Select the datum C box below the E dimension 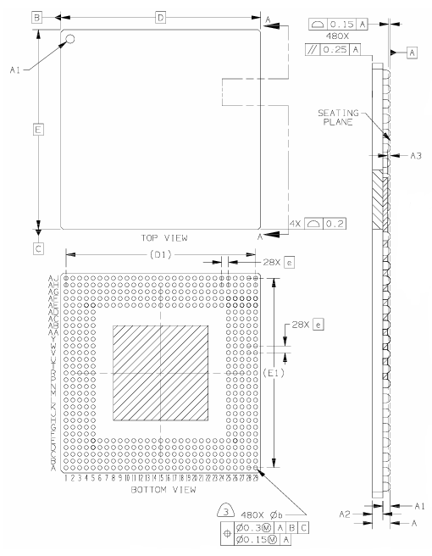pyautogui.click(x=38, y=248)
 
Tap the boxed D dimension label pyautogui.click(x=160, y=17)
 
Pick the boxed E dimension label pyautogui.click(x=38, y=130)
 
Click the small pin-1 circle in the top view pyautogui.click(x=71, y=38)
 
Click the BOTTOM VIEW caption pyautogui.click(x=165, y=491)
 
